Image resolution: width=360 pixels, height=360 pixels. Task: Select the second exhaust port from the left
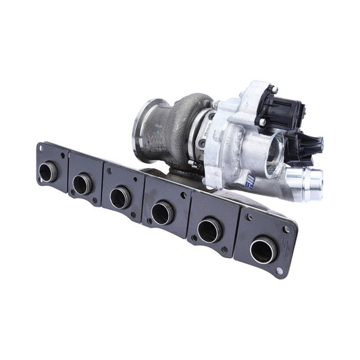[x=82, y=182]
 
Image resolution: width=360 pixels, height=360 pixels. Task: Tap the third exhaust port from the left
[x=120, y=197]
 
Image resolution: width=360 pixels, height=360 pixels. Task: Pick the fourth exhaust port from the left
[x=161, y=213]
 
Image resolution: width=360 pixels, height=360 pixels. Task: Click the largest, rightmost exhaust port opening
[x=262, y=251]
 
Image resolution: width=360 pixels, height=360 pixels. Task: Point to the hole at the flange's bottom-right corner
[x=277, y=272]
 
